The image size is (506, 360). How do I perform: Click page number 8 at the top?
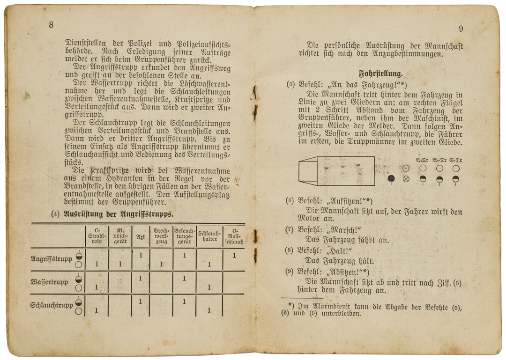[x=51, y=25]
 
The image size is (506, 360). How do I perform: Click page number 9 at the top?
[x=461, y=29]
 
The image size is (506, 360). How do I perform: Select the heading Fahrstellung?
[x=381, y=73]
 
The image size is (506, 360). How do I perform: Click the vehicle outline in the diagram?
[x=337, y=170]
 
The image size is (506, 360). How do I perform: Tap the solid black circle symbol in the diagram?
[x=391, y=179]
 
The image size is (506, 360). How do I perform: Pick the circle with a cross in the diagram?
[x=406, y=179]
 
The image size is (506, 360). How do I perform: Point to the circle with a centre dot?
[x=406, y=168]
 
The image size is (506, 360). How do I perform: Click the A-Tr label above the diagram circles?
[x=422, y=160]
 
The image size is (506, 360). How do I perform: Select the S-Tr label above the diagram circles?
[x=455, y=160]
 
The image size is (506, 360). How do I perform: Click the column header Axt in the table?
[x=140, y=236]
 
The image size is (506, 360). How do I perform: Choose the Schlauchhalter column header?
[x=209, y=236]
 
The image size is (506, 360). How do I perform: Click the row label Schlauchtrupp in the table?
[x=52, y=305]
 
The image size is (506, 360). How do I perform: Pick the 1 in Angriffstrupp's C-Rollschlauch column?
[x=234, y=256]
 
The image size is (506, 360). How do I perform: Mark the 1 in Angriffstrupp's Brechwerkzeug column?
[x=161, y=264]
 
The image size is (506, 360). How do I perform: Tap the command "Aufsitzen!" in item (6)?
[x=347, y=201]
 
